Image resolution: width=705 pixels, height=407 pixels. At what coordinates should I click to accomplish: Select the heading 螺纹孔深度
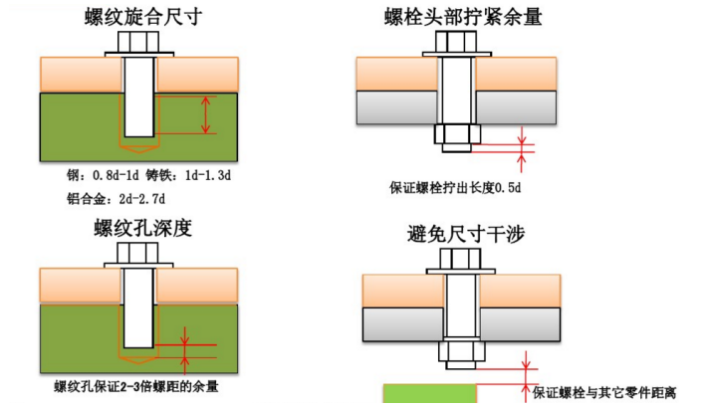pyautogui.click(x=141, y=228)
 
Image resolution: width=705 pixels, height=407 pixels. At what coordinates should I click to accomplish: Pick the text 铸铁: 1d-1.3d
pyautogui.click(x=195, y=175)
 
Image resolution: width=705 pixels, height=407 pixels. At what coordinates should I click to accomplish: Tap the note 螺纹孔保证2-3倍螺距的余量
pyautogui.click(x=136, y=386)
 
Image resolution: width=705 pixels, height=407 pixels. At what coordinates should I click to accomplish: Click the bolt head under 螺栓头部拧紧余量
pyautogui.click(x=457, y=44)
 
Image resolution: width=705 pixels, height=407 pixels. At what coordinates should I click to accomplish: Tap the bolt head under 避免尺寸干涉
pyautogui.click(x=457, y=262)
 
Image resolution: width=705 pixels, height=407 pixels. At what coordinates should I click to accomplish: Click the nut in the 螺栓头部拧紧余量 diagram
pyautogui.click(x=457, y=135)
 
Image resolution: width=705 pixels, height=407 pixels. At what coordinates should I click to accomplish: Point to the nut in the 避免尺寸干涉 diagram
pyautogui.click(x=457, y=352)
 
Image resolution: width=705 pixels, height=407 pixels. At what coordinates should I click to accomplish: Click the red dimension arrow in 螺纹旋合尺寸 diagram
pyautogui.click(x=206, y=114)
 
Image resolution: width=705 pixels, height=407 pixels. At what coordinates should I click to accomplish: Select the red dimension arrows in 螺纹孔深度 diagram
pyautogui.click(x=182, y=348)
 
